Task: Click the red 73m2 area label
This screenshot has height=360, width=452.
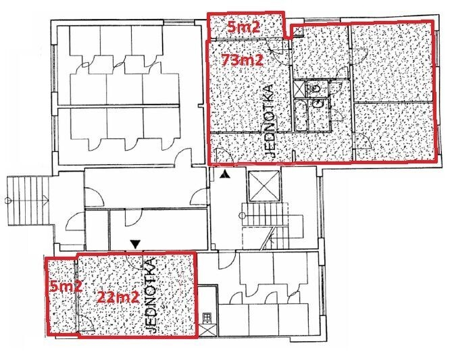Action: point(242,60)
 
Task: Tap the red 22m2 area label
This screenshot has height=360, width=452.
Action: point(118,297)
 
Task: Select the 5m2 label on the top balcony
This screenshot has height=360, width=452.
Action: point(244,27)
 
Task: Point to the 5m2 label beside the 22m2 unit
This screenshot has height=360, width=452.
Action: point(66,287)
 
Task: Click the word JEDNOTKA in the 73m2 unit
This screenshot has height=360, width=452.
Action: point(270,120)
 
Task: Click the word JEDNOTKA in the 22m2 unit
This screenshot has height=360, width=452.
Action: point(151,295)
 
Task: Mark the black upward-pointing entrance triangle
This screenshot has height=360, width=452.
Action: point(224,174)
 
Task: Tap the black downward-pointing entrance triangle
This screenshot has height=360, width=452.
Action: point(134,244)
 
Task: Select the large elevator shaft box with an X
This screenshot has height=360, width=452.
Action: point(264,186)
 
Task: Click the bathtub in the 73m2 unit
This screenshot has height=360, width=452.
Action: point(301,115)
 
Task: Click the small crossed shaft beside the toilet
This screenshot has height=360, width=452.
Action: point(299,89)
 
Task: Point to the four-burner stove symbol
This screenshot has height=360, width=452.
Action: point(207,317)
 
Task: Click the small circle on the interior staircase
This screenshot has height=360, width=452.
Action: point(243,215)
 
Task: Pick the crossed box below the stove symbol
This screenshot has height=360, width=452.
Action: point(207,330)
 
